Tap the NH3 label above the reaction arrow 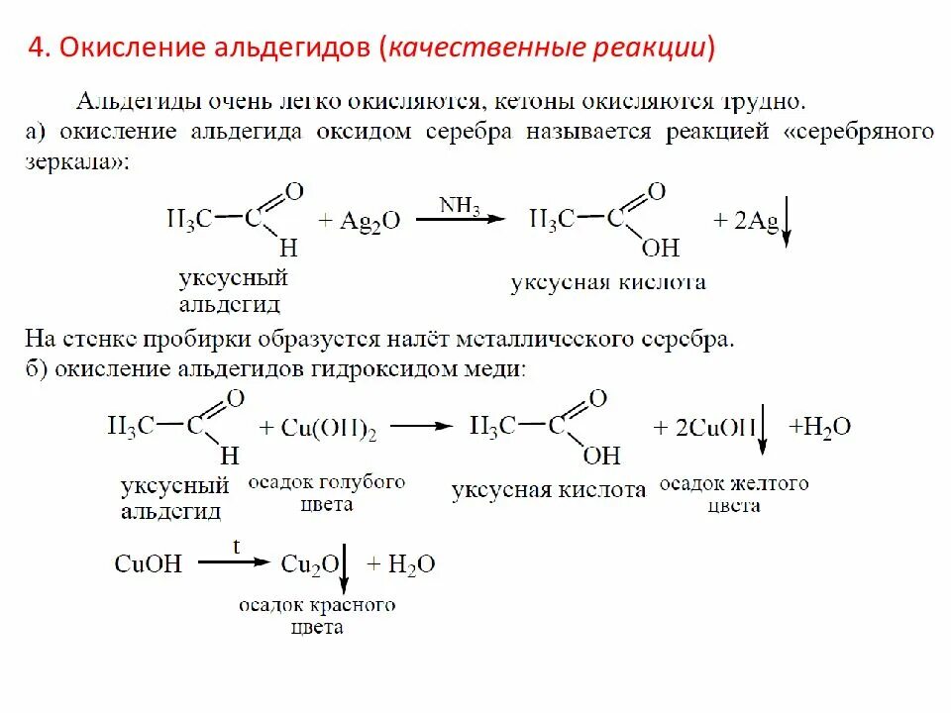tap(460, 205)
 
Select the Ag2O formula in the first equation tap(370, 221)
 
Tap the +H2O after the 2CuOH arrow tap(819, 427)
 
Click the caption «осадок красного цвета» tap(317, 615)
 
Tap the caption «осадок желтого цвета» tap(734, 494)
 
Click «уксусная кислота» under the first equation tap(608, 283)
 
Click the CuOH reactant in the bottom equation tap(149, 564)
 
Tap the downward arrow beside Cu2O tap(344, 567)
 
